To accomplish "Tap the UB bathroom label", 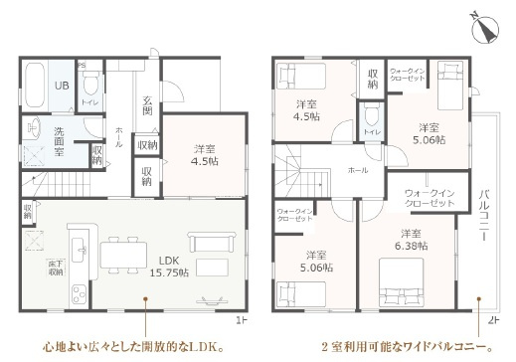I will [x=60, y=86].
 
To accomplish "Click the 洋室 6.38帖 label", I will [x=410, y=240].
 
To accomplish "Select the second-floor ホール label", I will [x=357, y=170].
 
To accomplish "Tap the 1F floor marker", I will [x=240, y=320].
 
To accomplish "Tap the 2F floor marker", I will [x=493, y=320].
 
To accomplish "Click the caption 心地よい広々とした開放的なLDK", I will [x=130, y=349].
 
